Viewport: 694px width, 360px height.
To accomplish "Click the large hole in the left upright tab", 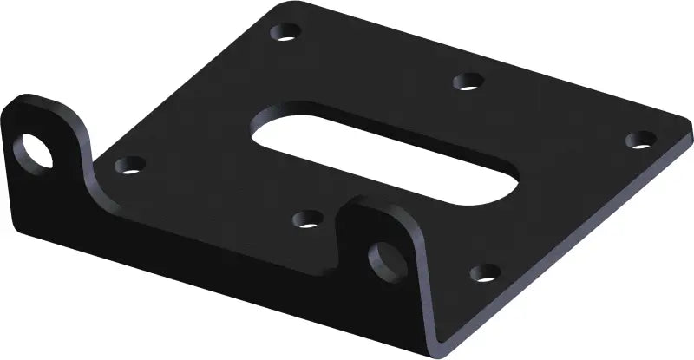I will pyautogui.click(x=37, y=149).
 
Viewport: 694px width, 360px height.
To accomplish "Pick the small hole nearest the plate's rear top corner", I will pyautogui.click(x=284, y=34).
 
